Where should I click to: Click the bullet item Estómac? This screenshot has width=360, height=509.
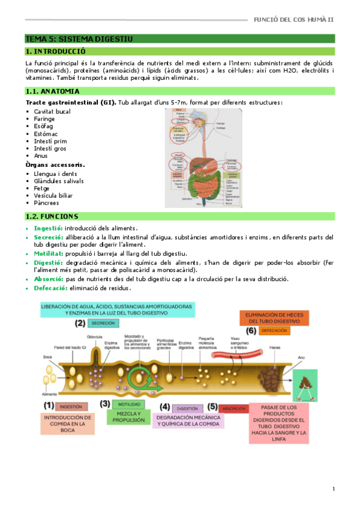pos(46,134)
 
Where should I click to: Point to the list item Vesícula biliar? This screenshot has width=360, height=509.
pos(54,195)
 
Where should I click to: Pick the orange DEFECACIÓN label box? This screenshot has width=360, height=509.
pos(275,331)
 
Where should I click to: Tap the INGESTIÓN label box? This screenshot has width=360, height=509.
pos(75,406)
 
